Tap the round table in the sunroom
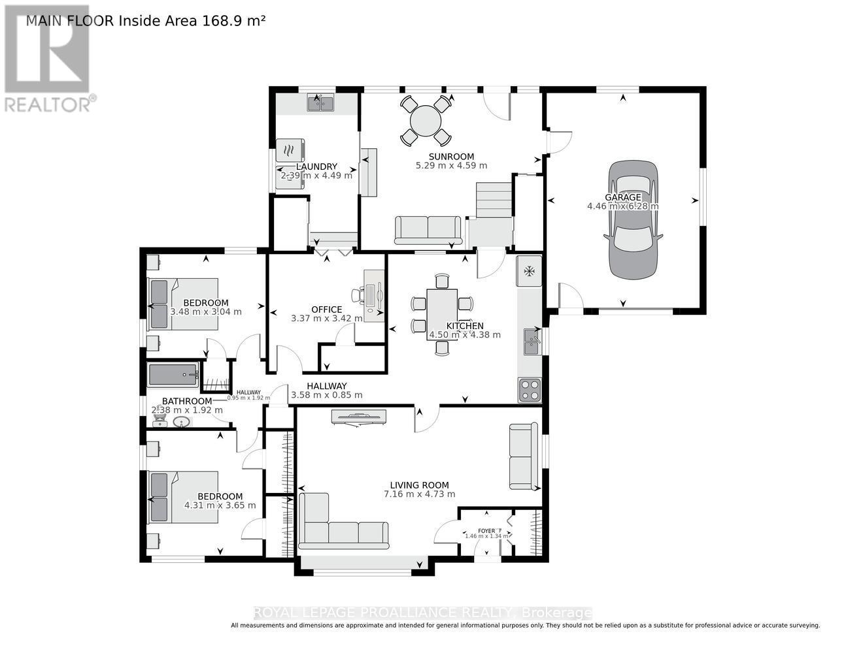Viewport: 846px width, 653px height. coord(426,120)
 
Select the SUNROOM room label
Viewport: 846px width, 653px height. coord(451,156)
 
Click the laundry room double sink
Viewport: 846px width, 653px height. coord(320,103)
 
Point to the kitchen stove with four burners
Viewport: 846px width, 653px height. coord(530,390)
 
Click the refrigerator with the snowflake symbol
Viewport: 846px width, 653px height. coord(529,270)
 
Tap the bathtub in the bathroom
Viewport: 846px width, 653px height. coord(173,375)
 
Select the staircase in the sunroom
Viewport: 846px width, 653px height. coord(494,200)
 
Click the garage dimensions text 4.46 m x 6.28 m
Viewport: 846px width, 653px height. coord(622,206)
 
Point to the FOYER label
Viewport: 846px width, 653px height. coord(486,531)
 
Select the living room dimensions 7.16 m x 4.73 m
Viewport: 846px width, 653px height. coord(419,494)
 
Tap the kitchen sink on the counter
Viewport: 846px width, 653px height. coord(531,342)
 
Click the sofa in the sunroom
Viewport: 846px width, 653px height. coord(428,229)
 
